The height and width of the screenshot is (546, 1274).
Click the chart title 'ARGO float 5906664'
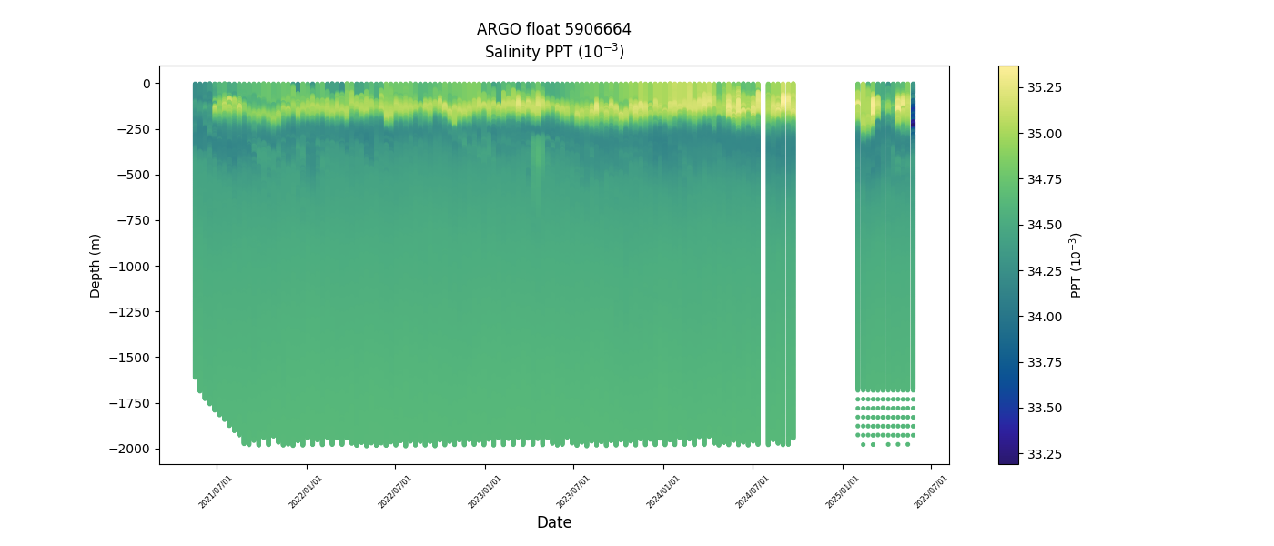[x=553, y=29]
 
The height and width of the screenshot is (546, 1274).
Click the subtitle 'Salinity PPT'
[x=553, y=52]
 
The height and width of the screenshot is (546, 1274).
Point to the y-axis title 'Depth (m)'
[x=96, y=265]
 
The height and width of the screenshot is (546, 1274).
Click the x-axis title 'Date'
[x=554, y=522]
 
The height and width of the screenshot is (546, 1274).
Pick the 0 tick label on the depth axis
[x=146, y=84]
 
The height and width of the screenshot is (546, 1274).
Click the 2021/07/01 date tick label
[x=217, y=490]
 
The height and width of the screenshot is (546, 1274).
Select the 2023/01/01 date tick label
[x=484, y=490]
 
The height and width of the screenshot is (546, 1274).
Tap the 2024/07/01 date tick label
[x=753, y=490]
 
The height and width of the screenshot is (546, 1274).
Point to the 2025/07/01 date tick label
[x=931, y=490]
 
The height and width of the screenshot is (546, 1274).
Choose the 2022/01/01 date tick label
[x=306, y=490]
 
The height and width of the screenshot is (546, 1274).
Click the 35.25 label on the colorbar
[x=1045, y=87]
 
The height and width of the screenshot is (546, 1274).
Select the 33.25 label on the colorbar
[x=1045, y=453]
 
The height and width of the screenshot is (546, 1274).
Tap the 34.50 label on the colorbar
[x=1045, y=225]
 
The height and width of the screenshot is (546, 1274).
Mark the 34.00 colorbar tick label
[x=1045, y=316]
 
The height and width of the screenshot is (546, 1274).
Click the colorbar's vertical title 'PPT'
[x=1077, y=265]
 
